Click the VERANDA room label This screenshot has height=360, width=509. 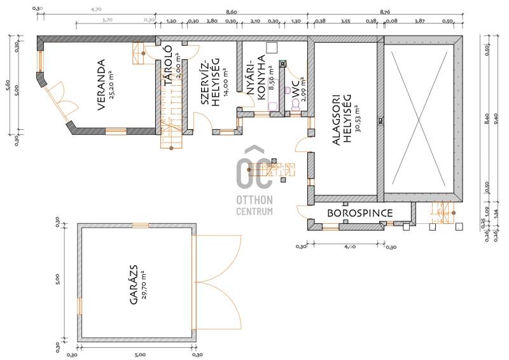point(101,85)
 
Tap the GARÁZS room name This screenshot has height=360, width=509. point(134,285)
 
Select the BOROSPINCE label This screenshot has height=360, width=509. point(359,213)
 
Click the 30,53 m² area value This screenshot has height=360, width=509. point(358,119)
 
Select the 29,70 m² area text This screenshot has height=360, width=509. point(144,285)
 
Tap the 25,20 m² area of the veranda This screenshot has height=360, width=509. point(111,85)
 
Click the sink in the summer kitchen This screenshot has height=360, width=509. point(272,106)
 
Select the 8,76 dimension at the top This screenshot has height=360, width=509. point(384,12)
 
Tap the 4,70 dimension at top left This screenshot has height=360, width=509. point(96,10)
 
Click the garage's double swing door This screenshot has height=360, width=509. point(217,282)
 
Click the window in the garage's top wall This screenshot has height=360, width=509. point(141,225)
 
